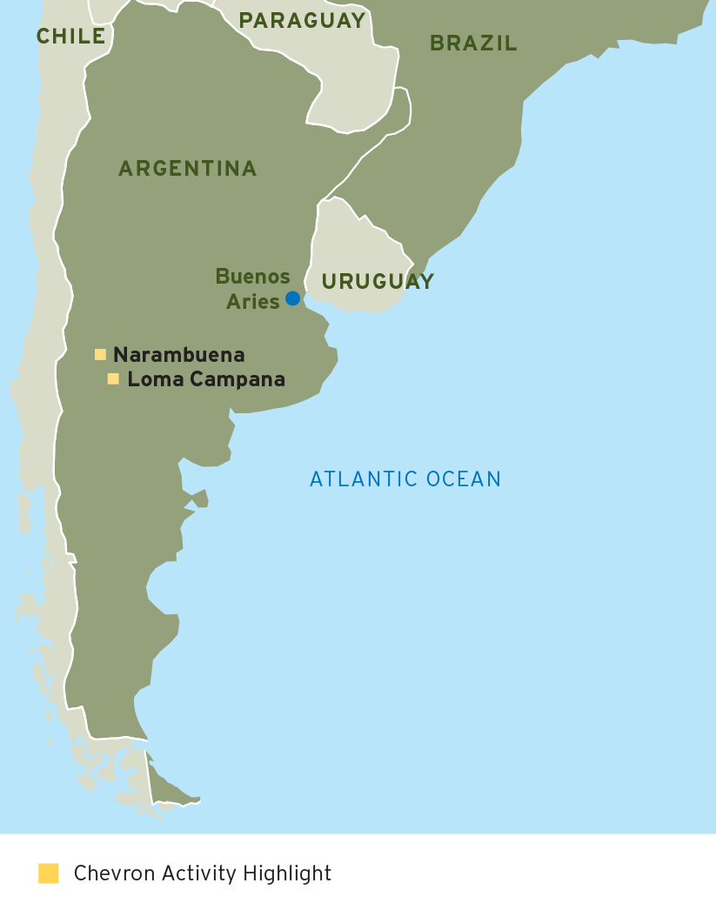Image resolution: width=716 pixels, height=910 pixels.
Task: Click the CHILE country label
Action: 70,37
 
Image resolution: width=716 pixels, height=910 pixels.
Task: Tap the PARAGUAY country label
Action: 303,21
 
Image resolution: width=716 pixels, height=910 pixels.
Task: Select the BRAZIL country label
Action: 473,43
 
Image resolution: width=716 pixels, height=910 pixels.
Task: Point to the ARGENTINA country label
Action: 188,168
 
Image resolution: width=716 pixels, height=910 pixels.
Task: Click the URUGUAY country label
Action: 378,281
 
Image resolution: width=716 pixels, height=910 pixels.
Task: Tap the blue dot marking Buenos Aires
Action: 292,298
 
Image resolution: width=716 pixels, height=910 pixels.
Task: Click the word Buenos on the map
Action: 253,277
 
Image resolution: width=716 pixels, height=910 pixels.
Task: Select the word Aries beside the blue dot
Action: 253,302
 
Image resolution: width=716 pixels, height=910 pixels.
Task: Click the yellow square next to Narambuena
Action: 100,354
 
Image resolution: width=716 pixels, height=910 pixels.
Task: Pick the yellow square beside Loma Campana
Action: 113,378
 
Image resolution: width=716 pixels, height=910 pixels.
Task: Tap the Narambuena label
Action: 179,355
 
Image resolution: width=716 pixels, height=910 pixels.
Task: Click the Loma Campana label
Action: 206,379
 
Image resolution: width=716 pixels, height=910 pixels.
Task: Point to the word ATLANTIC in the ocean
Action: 365,478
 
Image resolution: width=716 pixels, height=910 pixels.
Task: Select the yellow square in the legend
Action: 49,873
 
